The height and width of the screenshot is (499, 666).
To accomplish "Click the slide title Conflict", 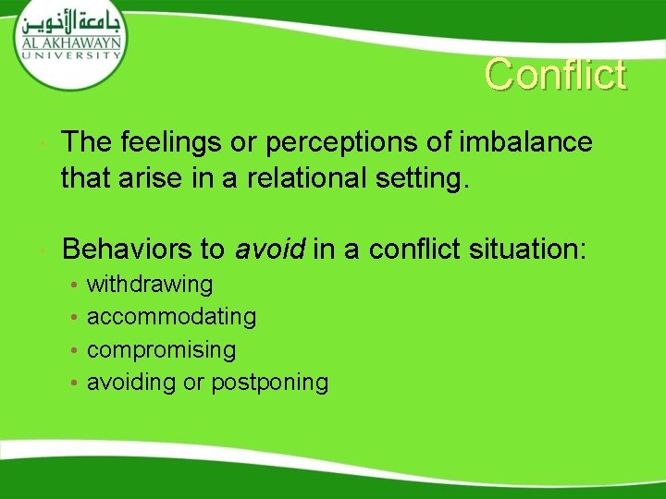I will [556, 75].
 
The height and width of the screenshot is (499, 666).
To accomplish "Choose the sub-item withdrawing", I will [149, 284].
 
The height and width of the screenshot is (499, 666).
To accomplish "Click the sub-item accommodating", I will [171, 317].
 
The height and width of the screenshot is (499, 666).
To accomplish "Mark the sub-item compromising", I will [161, 350].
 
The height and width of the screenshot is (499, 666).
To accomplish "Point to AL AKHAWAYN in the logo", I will [70, 43].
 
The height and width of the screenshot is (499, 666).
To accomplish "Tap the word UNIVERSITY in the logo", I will [70, 55].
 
